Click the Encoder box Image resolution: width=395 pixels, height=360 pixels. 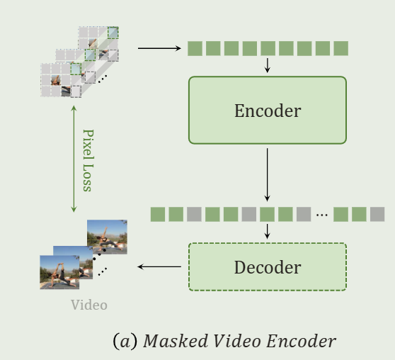coord(267,111)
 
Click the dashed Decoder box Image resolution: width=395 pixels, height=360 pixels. coord(267,267)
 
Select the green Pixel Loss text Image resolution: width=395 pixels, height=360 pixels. coord(87,159)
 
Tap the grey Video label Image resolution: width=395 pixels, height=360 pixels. coord(89,305)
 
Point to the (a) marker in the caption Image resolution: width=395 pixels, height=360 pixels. coord(125,341)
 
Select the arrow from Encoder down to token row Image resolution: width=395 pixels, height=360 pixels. coord(267,174)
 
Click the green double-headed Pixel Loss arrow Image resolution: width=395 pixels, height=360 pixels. coord(73,159)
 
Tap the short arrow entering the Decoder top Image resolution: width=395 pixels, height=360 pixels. coord(267,231)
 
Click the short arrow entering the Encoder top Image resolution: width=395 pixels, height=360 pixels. coord(267,65)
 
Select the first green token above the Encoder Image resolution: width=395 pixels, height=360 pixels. coord(194,48)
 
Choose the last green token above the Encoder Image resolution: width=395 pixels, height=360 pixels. coord(340,48)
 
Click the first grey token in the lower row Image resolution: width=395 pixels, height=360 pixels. coord(194,214)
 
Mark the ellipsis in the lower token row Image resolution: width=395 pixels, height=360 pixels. coord(322,214)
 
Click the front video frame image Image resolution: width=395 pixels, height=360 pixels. coord(59,272)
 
